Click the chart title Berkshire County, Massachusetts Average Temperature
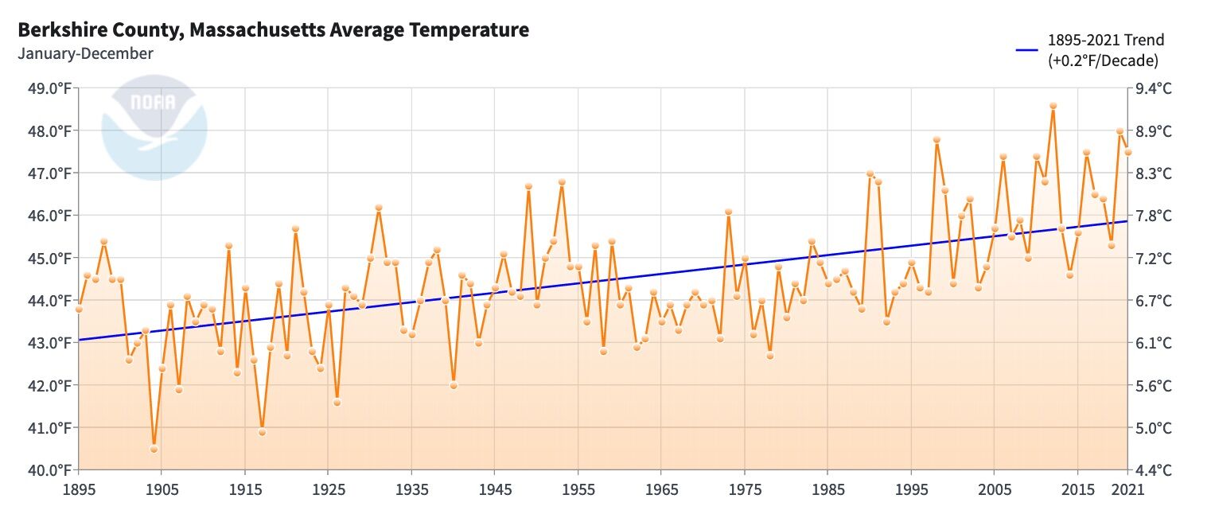click(273, 30)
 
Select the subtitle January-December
click(85, 54)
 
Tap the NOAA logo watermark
click(154, 127)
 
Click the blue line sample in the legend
click(1027, 50)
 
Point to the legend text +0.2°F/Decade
click(1103, 60)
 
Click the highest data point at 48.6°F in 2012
click(1053, 106)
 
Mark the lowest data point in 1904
click(154, 449)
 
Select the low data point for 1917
click(262, 432)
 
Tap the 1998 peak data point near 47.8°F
click(936, 139)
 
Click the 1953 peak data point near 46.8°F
click(562, 182)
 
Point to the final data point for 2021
click(1127, 152)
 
